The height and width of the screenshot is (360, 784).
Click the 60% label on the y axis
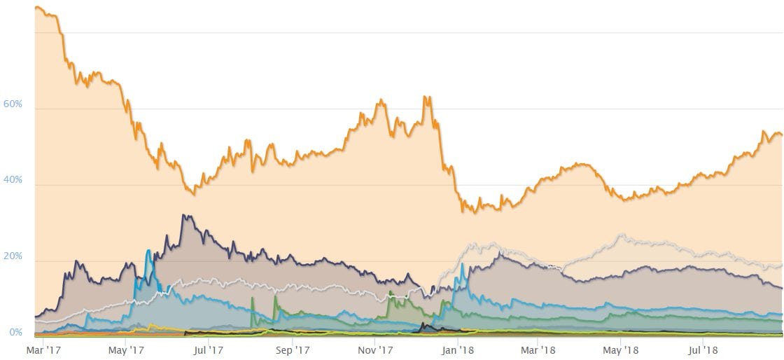coord(14,104)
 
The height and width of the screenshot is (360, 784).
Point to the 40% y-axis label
coord(14,180)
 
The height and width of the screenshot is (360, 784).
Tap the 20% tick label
coord(14,256)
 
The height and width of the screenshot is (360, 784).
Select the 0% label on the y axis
coord(16,333)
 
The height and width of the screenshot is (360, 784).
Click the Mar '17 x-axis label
coord(44,348)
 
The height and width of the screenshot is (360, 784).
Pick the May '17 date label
coord(127,348)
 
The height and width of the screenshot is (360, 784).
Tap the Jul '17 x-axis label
coord(208,348)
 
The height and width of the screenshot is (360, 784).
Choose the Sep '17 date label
coord(293,348)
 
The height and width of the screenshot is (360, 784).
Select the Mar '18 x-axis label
coord(538,348)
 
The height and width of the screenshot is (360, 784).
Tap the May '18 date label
coord(621,348)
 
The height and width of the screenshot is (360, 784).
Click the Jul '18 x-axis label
coord(702,348)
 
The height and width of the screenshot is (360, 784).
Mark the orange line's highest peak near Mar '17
coord(38,8)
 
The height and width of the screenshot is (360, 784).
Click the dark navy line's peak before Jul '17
coord(183,215)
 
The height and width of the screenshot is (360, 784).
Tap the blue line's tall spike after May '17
coord(148,250)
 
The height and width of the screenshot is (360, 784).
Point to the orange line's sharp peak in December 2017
coord(426,97)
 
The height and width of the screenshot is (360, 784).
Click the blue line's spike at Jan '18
coord(462,264)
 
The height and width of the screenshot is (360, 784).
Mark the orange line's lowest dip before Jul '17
coord(194,194)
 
